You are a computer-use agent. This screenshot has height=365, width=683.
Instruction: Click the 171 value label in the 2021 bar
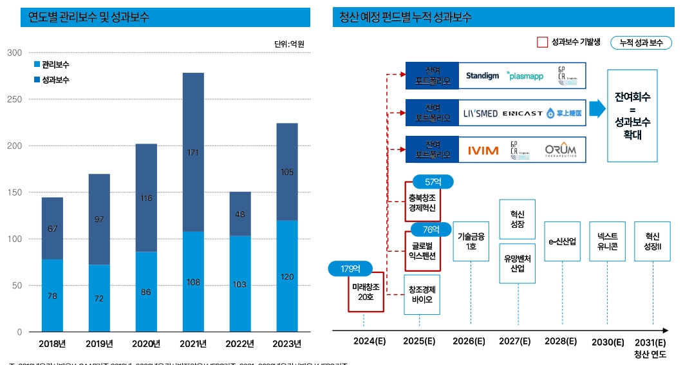[x=192, y=153]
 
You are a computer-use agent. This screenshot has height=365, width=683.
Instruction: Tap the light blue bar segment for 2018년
[x=52, y=295]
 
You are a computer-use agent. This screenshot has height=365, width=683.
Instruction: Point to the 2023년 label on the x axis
[x=286, y=343]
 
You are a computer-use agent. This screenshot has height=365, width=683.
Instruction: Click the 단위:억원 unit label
[x=288, y=44]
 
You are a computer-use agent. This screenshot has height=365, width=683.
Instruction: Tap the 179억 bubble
[x=346, y=268]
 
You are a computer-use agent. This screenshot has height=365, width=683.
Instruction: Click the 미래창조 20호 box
[x=366, y=291]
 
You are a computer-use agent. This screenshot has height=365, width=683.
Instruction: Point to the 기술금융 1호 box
[x=471, y=241]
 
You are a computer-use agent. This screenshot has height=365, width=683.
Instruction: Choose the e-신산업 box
[x=563, y=241]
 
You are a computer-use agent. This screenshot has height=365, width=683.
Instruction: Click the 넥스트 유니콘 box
[x=607, y=241]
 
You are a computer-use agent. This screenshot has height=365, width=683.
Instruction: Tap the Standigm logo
[x=482, y=76]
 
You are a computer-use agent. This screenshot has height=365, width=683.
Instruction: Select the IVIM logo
[x=483, y=151]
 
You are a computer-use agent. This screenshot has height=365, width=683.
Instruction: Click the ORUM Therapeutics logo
[x=560, y=150]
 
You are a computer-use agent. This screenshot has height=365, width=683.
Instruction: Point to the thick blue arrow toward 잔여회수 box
[x=598, y=109]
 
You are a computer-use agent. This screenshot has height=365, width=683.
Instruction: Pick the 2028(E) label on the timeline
[x=561, y=341]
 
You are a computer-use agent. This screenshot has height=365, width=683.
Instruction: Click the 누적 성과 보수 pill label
[x=641, y=42]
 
